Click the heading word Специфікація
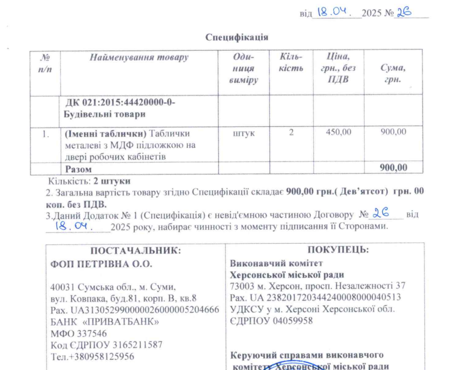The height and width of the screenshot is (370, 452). coord(237,37)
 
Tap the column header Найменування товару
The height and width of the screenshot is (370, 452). coord(139,58)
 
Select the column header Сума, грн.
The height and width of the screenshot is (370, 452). coord(393,74)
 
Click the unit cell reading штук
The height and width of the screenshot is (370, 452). coord(243,133)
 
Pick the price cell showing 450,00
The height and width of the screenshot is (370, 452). coord(339,133)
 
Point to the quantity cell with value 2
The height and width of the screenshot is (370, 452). coord(291,133)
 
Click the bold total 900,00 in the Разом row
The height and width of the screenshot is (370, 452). coord(394,168)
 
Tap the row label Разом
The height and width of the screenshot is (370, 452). coord(78,168)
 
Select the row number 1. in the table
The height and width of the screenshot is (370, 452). coord(45,134)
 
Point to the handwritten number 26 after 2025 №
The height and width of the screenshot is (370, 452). coord(405,13)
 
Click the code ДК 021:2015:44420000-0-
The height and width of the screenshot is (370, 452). coord(119,102)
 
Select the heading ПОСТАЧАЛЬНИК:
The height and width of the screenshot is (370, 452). coord(136,250)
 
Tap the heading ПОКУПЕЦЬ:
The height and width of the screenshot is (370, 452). coord(338,250)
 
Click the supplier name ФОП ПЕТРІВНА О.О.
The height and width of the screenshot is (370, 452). coord(102,264)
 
